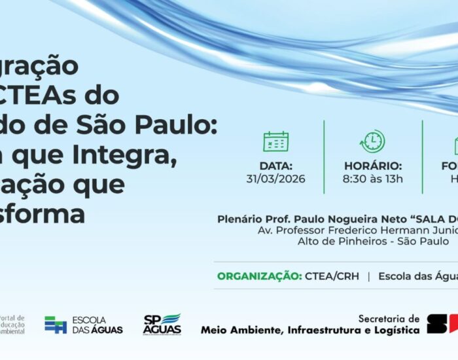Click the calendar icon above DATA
[x=275, y=141]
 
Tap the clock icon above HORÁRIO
[x=372, y=141]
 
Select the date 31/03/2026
[x=275, y=179]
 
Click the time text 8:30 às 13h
[x=373, y=179]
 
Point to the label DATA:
[x=275, y=166]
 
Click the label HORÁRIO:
[x=373, y=166]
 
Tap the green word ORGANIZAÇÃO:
[x=259, y=276]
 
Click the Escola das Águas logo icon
[x=56, y=325]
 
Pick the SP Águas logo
[x=162, y=324]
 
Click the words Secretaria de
[x=389, y=318]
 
